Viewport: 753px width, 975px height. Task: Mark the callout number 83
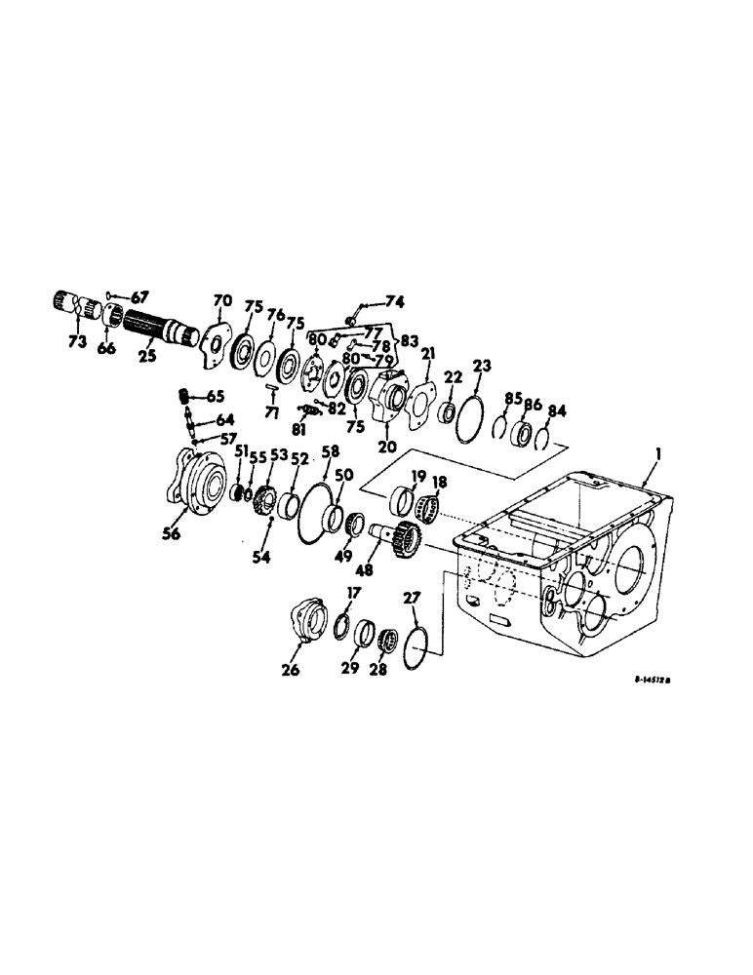[x=407, y=341]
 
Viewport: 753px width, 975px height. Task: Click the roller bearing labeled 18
[x=428, y=508]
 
